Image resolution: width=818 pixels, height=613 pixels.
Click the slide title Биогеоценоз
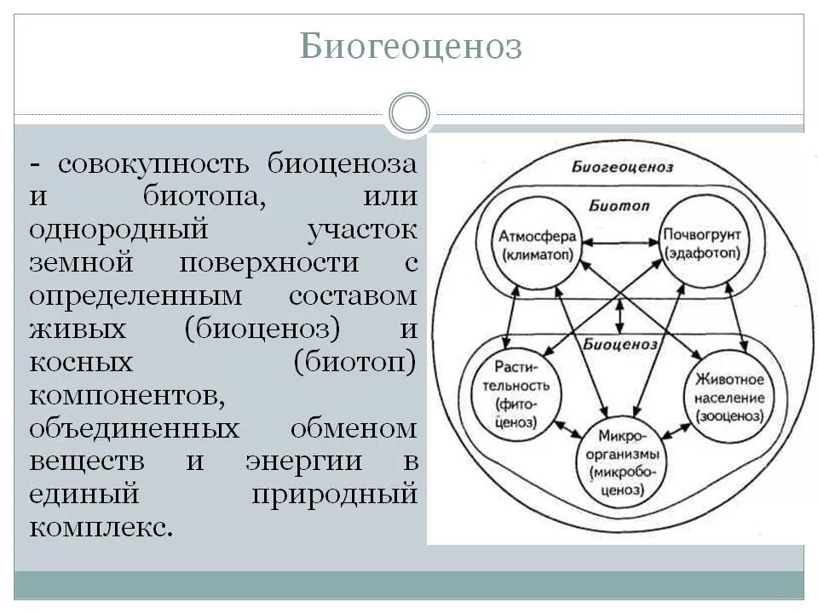point(410,47)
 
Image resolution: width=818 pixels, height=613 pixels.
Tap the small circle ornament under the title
point(410,113)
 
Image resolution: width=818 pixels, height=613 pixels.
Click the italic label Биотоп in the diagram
point(619,205)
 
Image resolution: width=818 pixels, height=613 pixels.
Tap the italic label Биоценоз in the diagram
point(620,344)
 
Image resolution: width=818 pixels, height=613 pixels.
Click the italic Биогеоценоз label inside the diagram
point(622,167)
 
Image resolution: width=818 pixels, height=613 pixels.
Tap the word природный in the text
point(334,494)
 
